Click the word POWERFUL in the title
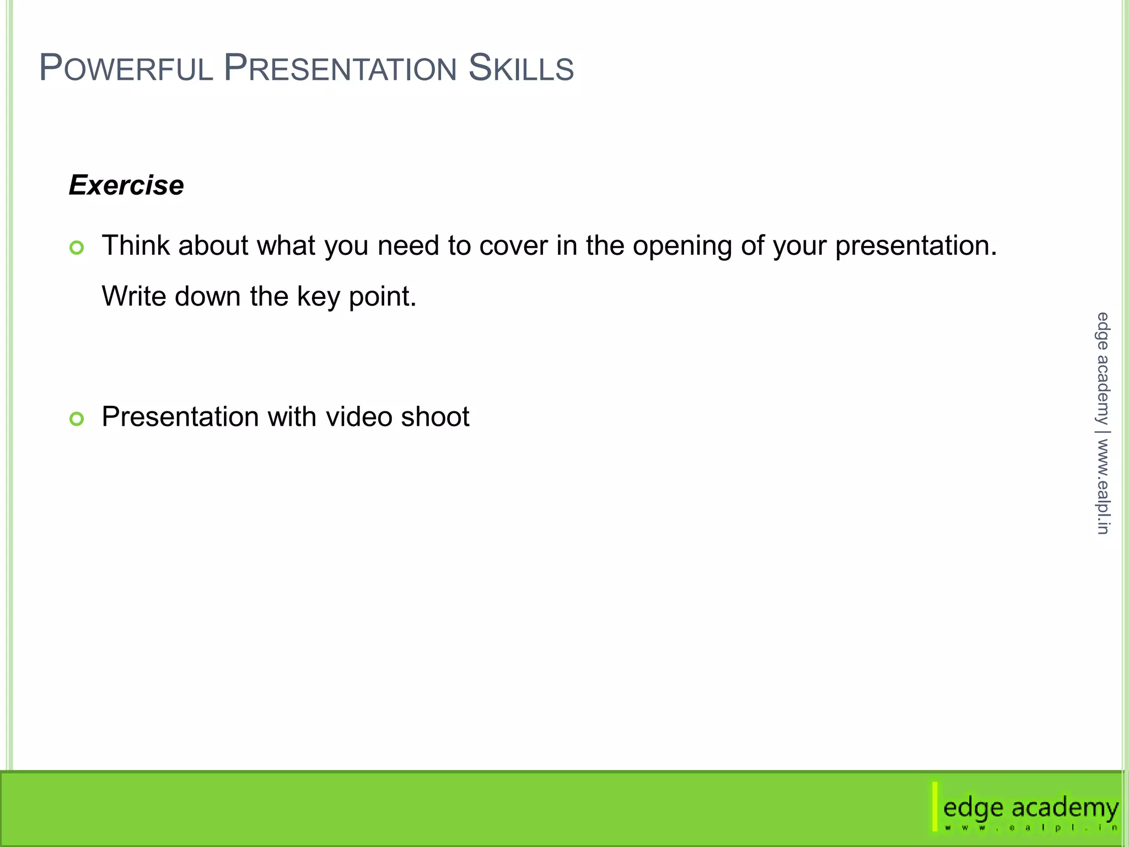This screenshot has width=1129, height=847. point(126,68)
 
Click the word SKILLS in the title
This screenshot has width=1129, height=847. point(521,68)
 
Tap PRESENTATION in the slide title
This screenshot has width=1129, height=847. point(340,68)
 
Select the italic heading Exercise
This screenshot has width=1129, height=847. point(126,185)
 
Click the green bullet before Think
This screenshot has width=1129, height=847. point(77,248)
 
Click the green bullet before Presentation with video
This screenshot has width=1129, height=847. point(77,419)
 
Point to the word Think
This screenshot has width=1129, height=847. point(136,245)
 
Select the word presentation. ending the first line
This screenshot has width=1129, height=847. point(916,246)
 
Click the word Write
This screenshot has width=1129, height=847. point(133,296)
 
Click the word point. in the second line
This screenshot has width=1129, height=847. point(383,297)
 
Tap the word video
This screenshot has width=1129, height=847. point(359,416)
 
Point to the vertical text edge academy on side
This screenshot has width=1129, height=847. point(1102,368)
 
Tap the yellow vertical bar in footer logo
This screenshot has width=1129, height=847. point(935,806)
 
